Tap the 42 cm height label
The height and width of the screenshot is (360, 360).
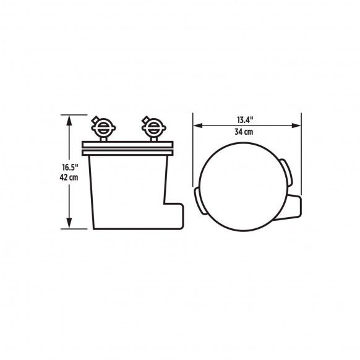69,178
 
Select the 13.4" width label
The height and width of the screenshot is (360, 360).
245,119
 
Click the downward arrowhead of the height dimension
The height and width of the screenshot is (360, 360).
69,223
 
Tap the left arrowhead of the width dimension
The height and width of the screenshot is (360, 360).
198,126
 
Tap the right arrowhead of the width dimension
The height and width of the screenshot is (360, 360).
296,126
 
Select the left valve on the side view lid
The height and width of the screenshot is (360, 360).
103,127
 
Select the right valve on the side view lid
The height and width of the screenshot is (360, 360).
153,127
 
